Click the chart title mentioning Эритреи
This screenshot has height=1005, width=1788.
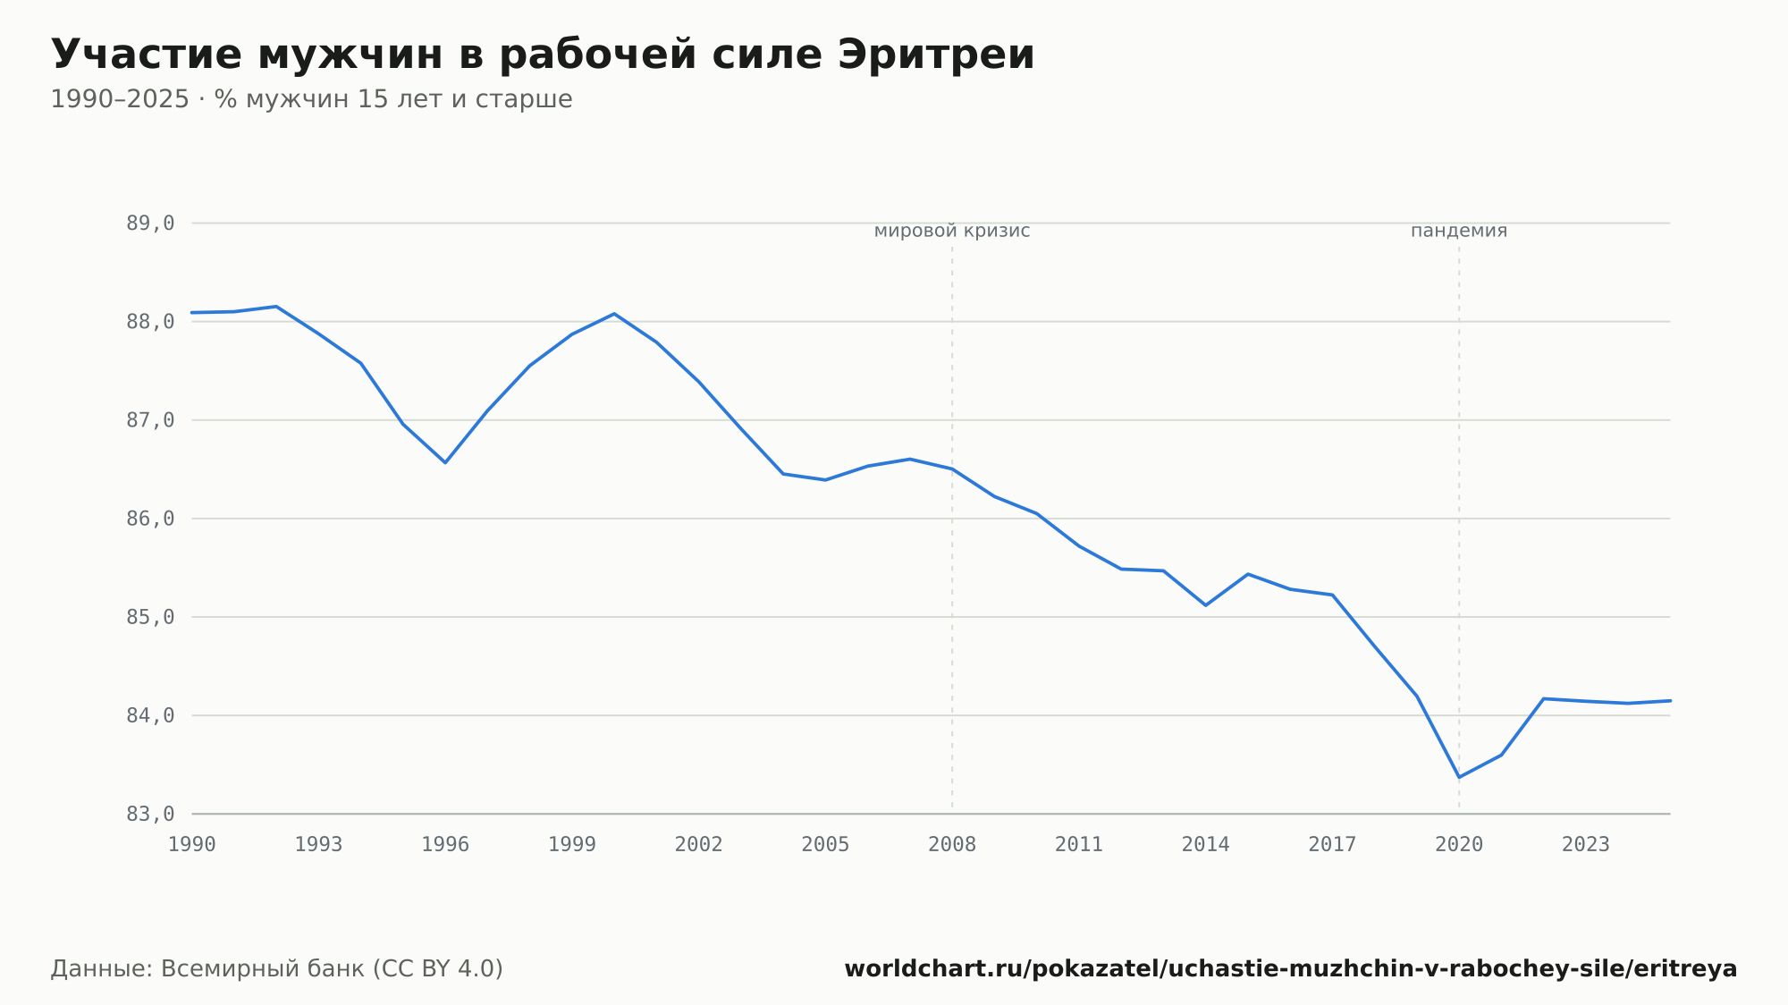543,55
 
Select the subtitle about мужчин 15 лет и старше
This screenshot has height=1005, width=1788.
311,99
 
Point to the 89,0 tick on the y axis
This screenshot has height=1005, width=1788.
150,223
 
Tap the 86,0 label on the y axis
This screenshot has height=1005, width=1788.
150,519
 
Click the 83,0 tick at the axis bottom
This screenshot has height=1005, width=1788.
150,814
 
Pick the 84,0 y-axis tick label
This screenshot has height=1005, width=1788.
150,715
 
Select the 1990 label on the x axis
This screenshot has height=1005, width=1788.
192,845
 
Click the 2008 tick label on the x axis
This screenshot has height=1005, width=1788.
952,845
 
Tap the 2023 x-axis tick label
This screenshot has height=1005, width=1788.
1586,845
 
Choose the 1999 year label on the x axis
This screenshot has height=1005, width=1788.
572,845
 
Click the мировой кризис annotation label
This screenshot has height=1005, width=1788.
952,231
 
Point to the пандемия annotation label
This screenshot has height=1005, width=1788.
1459,231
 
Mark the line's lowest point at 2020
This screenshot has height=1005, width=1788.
1459,777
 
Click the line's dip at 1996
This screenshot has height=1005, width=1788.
445,462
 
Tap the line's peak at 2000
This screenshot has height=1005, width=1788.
614,314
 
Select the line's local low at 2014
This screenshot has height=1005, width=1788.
1206,605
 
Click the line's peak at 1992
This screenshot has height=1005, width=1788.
276,307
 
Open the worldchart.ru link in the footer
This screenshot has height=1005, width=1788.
1291,969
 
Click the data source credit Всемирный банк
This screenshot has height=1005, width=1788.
277,969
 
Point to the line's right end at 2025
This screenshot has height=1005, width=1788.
1670,701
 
